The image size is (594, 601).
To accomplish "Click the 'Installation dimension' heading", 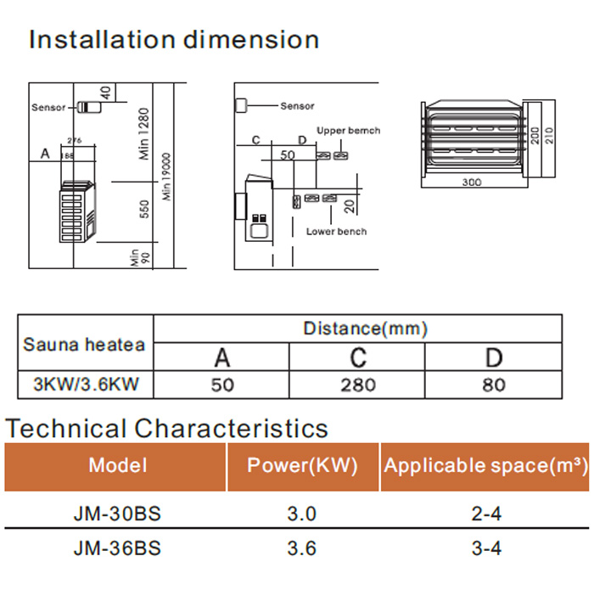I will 174,40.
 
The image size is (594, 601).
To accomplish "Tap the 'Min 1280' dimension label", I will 144,133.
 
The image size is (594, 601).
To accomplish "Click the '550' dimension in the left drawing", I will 144,208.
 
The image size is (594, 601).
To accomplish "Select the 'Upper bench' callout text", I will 348,131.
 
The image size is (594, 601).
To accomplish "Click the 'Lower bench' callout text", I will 336,232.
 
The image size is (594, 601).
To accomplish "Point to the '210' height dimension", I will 549,136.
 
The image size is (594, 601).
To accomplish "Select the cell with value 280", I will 357,385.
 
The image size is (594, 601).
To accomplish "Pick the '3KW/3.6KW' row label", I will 86,385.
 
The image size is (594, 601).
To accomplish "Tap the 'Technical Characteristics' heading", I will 166,428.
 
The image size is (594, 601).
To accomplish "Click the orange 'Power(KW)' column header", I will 302,465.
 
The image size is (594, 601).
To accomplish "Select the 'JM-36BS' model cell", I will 117,548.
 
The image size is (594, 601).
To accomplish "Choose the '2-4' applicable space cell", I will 486,514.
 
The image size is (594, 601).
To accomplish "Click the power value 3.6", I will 301,548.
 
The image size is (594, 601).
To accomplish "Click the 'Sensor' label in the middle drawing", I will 297,106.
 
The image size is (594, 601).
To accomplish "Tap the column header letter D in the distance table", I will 493,357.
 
